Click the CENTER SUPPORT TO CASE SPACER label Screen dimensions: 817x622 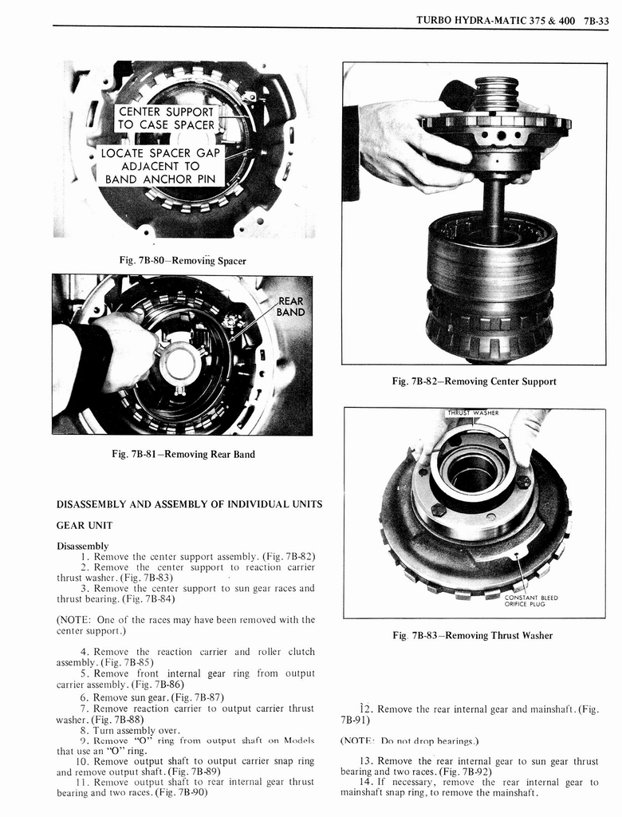point(166,118)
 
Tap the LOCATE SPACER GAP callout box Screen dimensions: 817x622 point(160,166)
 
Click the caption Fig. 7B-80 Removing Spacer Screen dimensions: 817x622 point(183,261)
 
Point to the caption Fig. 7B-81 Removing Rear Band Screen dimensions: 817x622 point(183,455)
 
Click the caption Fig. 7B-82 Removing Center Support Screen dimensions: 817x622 point(474,381)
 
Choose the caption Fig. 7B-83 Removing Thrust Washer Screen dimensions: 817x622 point(474,636)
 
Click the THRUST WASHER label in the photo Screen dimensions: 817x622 point(474,412)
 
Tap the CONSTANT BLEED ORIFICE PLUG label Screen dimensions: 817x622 point(532,601)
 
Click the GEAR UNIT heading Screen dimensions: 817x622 point(84,525)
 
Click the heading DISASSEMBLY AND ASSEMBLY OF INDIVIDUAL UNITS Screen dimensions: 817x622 point(189,504)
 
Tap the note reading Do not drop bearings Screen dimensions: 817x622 point(409,740)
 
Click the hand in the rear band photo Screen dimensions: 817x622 point(120,351)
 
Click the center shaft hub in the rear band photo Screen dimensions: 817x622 point(179,362)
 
